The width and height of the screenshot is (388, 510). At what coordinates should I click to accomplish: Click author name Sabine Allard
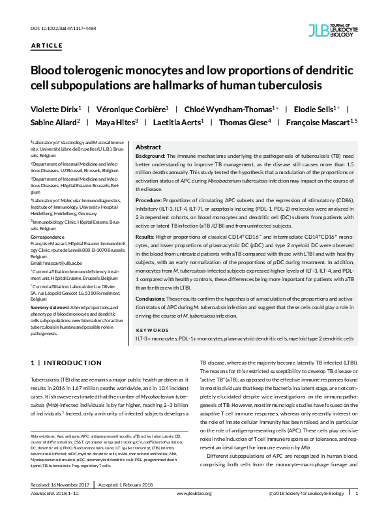pyautogui.click(x=55, y=122)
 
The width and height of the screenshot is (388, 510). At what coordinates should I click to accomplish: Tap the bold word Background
pyautogui.click(x=151, y=157)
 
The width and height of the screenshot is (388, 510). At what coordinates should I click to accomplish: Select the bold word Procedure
pyautogui.click(x=149, y=199)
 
